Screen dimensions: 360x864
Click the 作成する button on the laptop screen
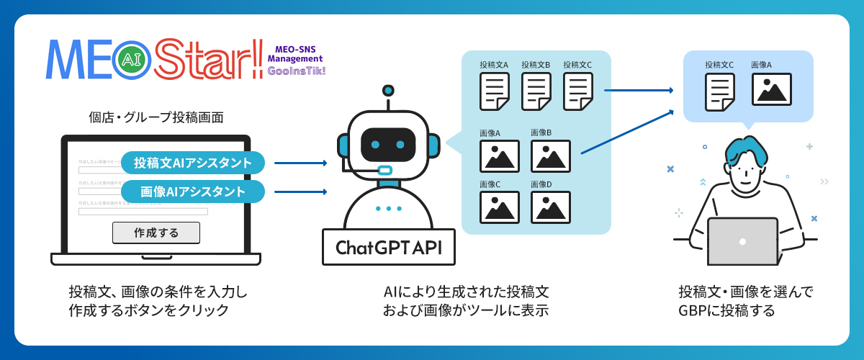click(156, 233)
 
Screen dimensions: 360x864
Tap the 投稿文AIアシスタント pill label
click(193, 163)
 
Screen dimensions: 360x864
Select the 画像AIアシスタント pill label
click(193, 192)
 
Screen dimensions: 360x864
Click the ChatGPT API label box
click(389, 247)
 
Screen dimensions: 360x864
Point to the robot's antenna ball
click(389, 91)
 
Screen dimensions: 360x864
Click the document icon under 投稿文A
click(494, 91)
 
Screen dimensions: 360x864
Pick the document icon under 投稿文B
click(536, 91)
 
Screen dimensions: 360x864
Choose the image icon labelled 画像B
click(551, 156)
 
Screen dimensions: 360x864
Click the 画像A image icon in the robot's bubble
click(500, 156)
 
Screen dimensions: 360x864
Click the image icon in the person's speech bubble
click(772, 89)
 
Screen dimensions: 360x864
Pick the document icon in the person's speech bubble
click(719, 91)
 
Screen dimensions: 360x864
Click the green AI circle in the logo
click(132, 60)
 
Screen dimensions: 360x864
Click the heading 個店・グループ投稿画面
click(156, 116)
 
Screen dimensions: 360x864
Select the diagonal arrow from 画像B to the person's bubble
click(626, 130)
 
